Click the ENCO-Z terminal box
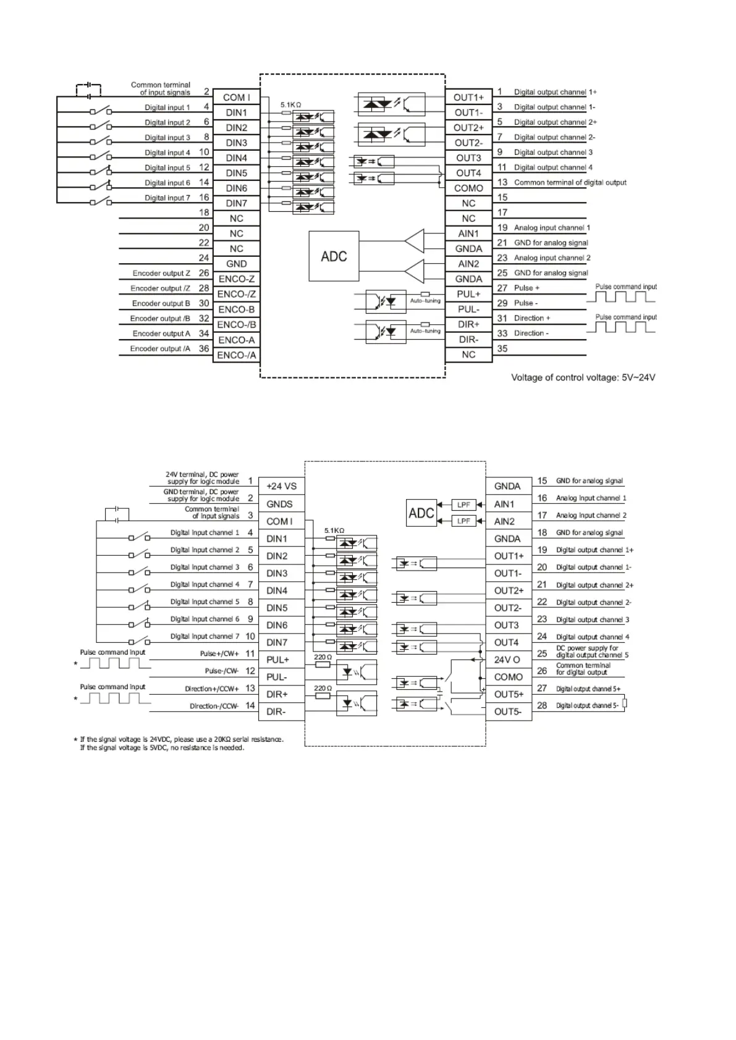[x=236, y=279]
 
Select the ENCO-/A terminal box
[x=236, y=355]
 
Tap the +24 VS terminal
[x=281, y=486]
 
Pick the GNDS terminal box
[x=279, y=504]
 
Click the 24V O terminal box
[x=507, y=660]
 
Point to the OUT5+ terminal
[x=508, y=694]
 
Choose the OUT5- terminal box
[x=508, y=711]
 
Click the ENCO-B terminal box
[x=236, y=309]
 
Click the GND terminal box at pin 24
[x=236, y=264]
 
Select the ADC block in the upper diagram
[x=334, y=256]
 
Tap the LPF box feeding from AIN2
[x=463, y=521]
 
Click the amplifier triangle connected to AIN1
[x=415, y=241]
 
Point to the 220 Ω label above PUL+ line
[x=323, y=657]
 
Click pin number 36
[x=204, y=348]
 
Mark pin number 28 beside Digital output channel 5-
[x=542, y=705]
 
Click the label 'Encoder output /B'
[x=160, y=319]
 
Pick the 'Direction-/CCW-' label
[x=214, y=706]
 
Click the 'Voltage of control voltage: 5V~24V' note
[x=583, y=377]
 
